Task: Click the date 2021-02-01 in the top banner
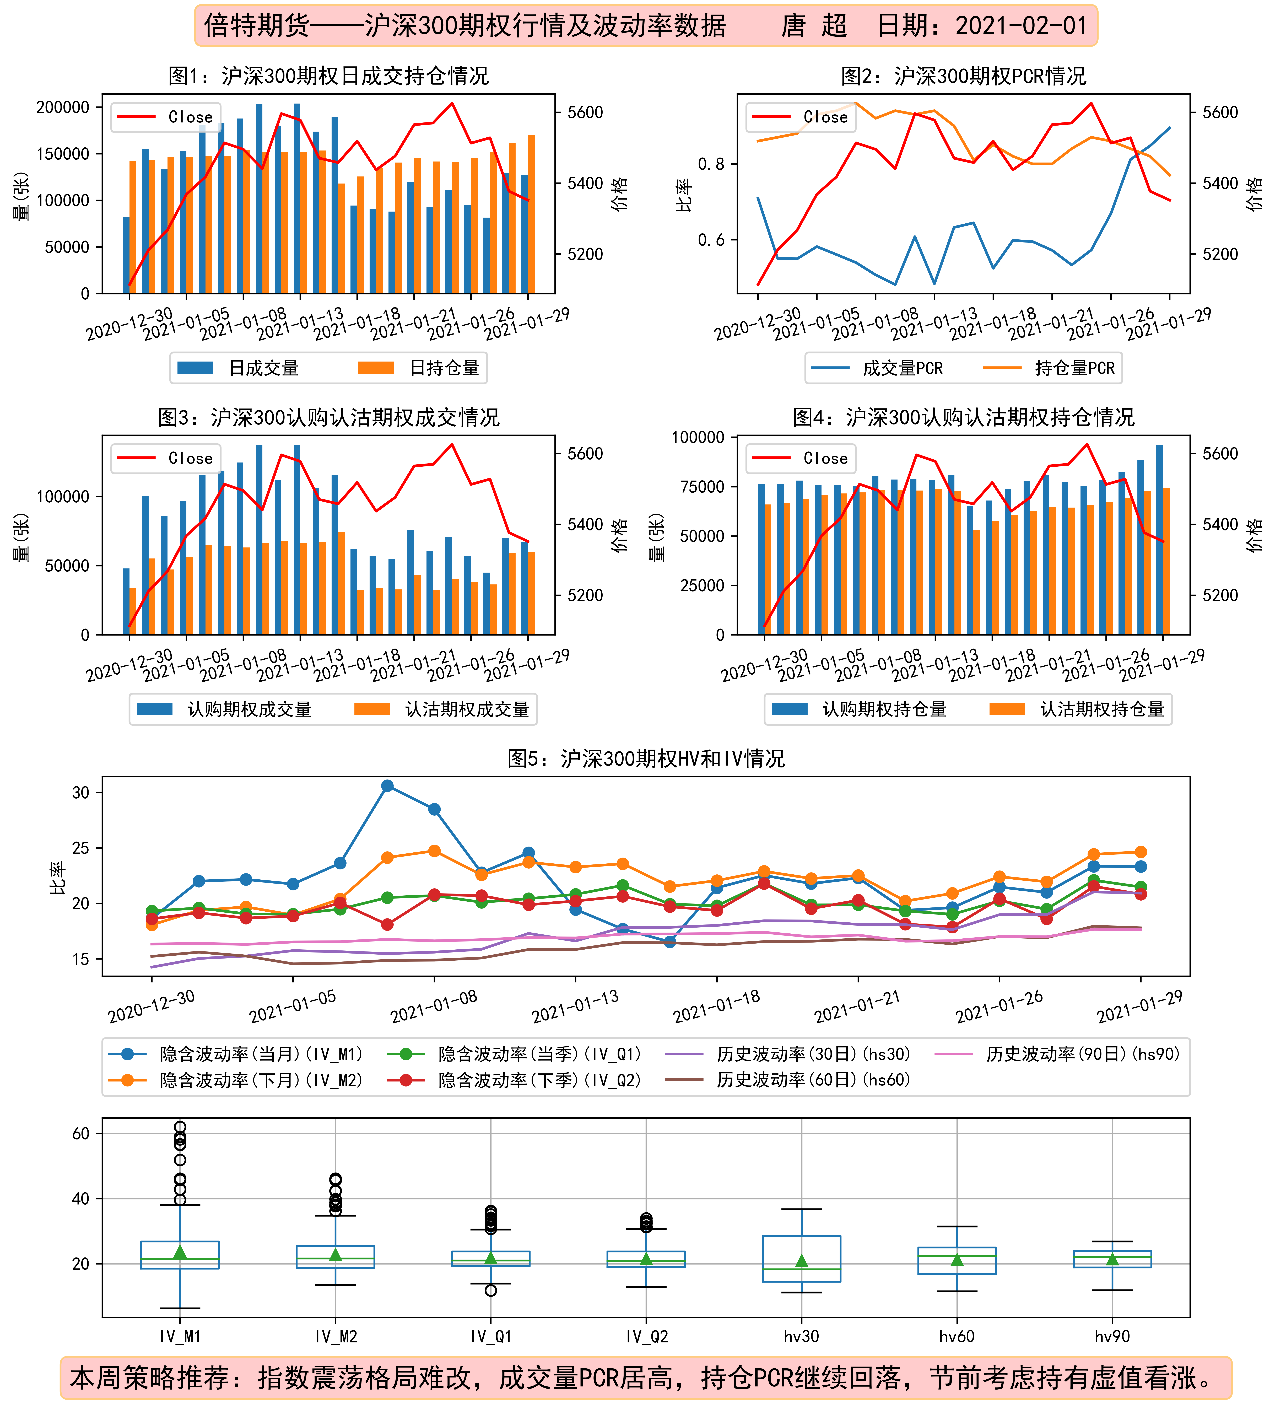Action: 1021,26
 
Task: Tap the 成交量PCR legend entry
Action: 877,368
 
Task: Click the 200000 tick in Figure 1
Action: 63,107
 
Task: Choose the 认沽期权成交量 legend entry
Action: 441,709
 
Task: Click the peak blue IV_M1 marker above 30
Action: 387,786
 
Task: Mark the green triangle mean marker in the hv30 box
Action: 802,1261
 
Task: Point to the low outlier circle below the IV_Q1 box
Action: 491,1290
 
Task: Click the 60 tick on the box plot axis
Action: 81,1133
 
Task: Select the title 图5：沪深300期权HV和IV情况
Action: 646,758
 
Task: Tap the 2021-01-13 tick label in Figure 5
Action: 575,1007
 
